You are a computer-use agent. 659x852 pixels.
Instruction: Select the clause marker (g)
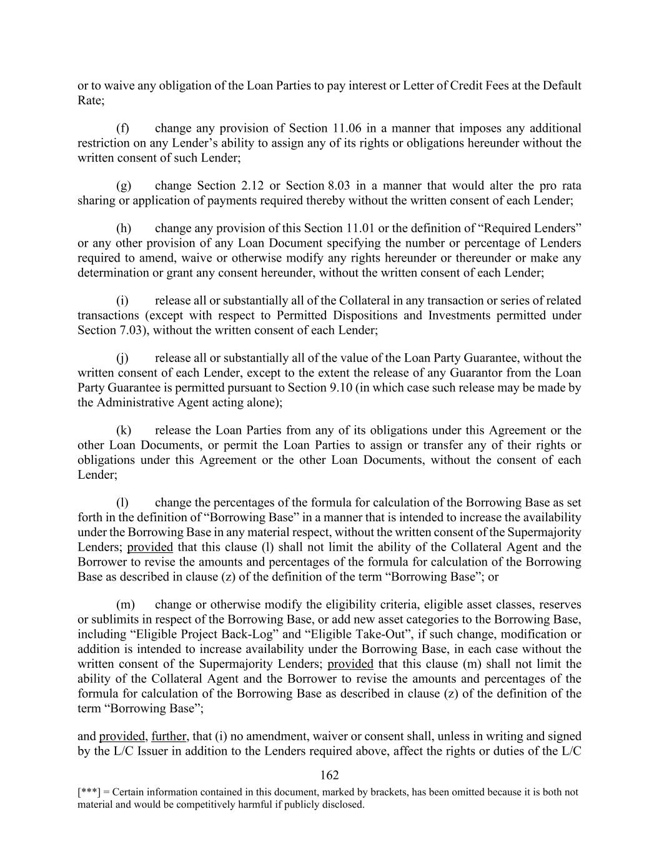[123, 186]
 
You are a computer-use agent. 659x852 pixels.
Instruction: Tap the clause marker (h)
[123, 228]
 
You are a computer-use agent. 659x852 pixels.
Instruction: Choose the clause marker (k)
[123, 431]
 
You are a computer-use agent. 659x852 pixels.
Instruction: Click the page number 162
[329, 775]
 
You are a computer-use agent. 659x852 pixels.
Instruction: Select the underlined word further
[168, 737]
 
